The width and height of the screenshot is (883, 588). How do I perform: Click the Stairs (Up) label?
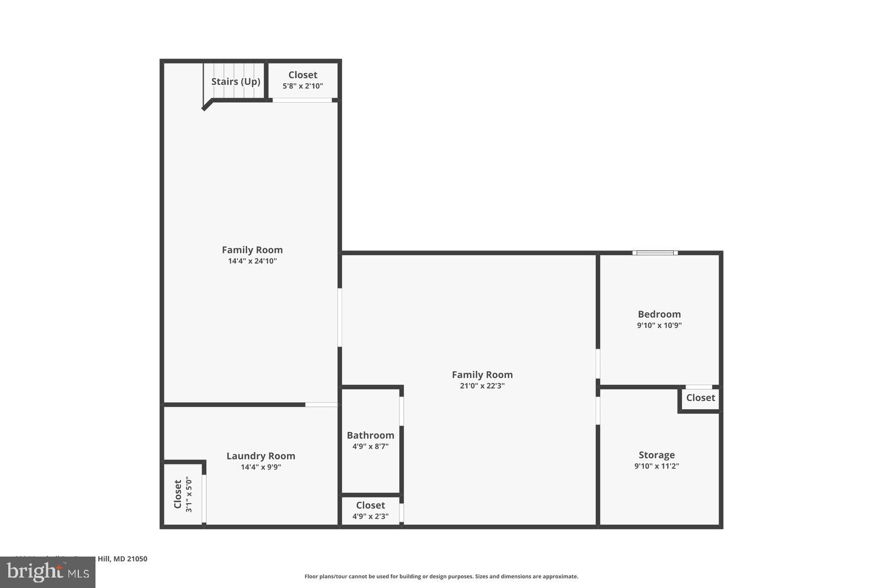point(236,82)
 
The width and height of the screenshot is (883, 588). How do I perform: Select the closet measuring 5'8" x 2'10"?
point(302,81)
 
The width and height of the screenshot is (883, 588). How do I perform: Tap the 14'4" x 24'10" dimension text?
point(252,261)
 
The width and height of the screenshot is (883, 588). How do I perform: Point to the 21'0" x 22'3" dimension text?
point(482,386)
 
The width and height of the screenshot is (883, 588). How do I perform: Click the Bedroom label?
point(659,314)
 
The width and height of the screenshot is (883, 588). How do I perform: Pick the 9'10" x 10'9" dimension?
point(659,325)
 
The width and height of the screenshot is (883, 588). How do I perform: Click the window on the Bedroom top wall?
point(655,253)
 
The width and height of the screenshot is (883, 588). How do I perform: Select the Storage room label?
point(656,455)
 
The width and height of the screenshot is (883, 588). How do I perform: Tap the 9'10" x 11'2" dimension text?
point(656,466)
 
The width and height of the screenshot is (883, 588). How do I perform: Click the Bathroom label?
point(370,435)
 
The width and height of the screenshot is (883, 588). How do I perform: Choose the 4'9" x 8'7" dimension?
point(370,446)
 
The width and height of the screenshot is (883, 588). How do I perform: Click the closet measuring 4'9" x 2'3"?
point(370,510)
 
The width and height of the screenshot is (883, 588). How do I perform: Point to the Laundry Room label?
point(260,456)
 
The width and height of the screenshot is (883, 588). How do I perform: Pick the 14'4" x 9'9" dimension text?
point(260,467)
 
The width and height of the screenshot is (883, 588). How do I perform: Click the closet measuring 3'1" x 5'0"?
point(183,494)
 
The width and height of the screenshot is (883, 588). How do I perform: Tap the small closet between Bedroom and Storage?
point(700,398)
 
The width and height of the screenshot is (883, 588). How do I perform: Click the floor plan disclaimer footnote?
point(441,576)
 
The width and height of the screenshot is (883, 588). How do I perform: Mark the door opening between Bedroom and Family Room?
point(598,364)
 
